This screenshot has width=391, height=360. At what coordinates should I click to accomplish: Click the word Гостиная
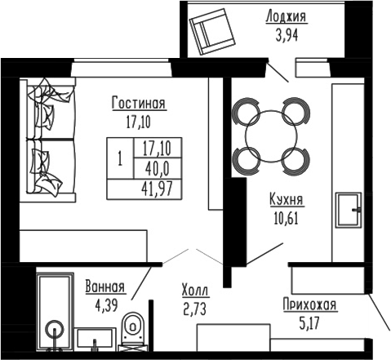point(139,104)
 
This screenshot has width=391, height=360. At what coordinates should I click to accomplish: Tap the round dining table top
point(270,133)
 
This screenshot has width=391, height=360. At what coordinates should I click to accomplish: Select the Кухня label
point(287,198)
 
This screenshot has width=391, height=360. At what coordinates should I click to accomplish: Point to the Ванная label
point(104,287)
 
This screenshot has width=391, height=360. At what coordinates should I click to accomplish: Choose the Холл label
point(195,290)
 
